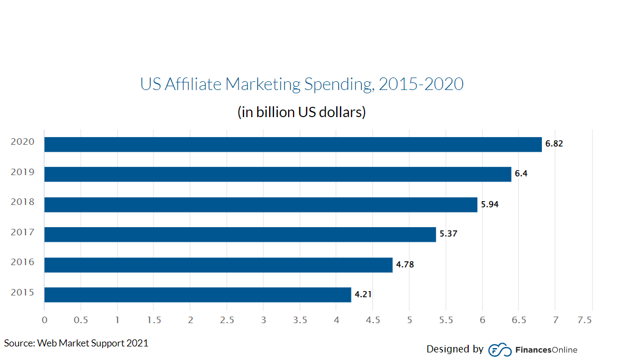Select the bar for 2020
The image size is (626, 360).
(293, 144)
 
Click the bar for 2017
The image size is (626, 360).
(240, 234)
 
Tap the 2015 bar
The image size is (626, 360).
(197, 294)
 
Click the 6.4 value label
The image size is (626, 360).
(521, 175)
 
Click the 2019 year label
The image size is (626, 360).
(23, 172)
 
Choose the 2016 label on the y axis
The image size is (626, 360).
(23, 262)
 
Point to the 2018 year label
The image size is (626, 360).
(23, 202)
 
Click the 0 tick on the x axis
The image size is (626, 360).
(44, 320)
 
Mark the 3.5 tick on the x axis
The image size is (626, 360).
(300, 320)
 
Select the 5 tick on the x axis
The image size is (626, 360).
(410, 320)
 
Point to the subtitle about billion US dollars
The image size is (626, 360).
(302, 112)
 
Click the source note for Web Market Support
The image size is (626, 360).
(76, 343)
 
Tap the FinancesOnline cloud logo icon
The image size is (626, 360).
(500, 350)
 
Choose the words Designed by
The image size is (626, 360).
(455, 349)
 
